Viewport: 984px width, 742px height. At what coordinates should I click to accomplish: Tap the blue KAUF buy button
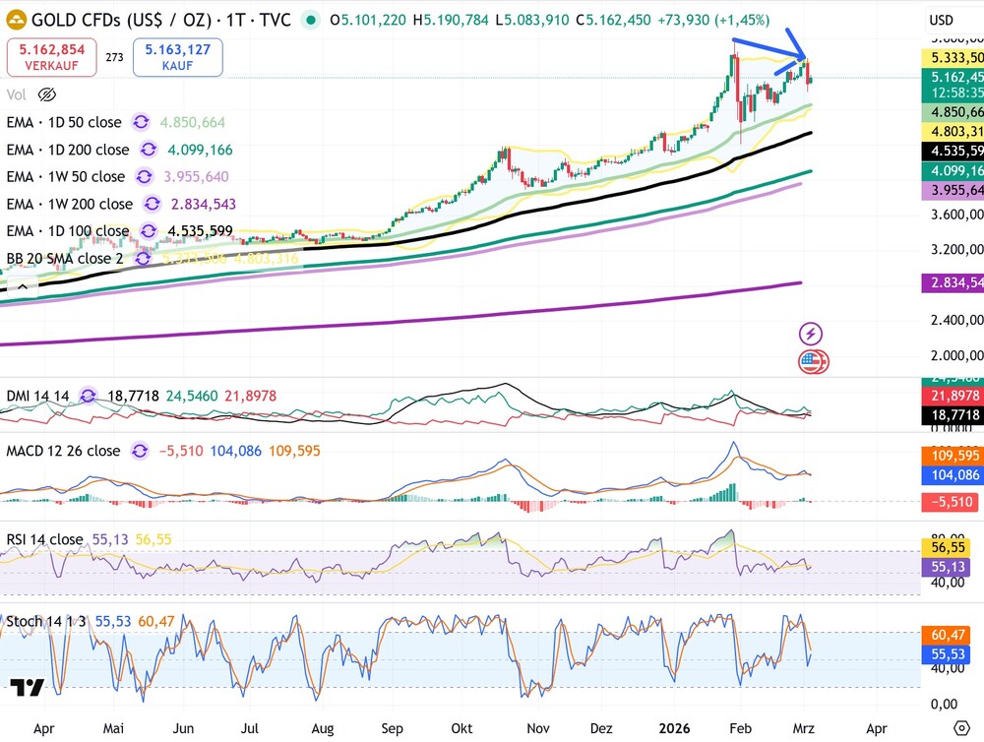[x=177, y=57]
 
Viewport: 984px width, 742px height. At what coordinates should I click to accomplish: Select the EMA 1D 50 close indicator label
[x=65, y=122]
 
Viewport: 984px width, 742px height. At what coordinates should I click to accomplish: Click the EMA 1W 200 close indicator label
[x=70, y=204]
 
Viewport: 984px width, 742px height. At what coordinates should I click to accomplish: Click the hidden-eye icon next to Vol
[x=46, y=94]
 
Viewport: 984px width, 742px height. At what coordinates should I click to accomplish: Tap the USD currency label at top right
[x=941, y=20]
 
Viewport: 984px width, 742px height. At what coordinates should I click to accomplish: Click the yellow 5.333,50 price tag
[x=953, y=58]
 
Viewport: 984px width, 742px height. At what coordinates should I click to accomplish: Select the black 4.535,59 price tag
[x=953, y=151]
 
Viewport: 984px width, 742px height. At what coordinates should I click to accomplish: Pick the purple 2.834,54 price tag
[x=953, y=283]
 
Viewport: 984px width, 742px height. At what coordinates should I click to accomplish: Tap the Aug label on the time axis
[x=322, y=730]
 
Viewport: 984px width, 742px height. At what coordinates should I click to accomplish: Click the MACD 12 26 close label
[x=64, y=451]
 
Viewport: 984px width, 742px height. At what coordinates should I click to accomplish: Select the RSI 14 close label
[x=45, y=539]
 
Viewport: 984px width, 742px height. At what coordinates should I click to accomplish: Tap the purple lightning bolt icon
[x=812, y=334]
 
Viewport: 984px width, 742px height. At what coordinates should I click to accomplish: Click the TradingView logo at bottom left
[x=28, y=688]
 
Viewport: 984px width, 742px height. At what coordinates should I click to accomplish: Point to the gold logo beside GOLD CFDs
[x=17, y=20]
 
